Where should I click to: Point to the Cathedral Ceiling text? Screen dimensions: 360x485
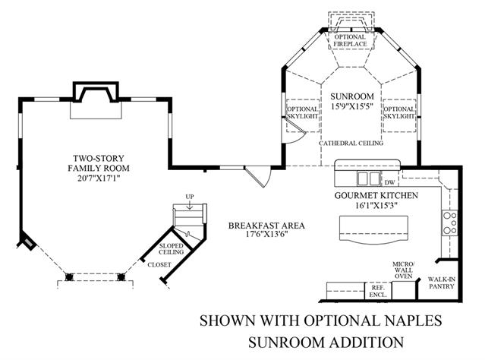351,143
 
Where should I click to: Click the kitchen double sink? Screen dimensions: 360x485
369,178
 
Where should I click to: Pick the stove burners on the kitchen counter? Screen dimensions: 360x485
449,222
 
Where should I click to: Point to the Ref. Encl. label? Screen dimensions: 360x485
377,290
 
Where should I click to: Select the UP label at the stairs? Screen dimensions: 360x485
190,197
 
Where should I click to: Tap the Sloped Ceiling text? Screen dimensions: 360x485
172,250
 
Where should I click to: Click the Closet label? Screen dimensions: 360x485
159,264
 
